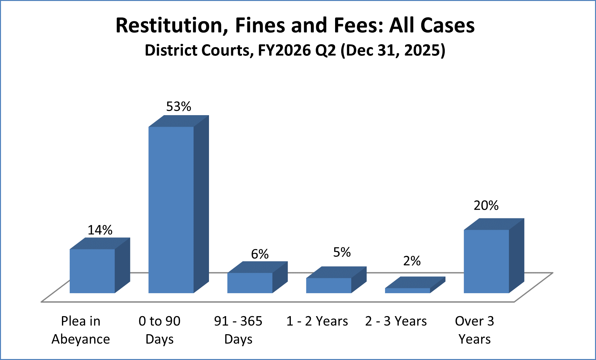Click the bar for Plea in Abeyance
(93, 271)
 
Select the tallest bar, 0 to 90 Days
(171, 210)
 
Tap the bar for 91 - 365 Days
(250, 283)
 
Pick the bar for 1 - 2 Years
(329, 285)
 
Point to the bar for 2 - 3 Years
(408, 290)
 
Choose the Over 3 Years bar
(486, 261)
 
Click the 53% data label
(179, 106)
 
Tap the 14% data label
(100, 230)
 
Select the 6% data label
(260, 254)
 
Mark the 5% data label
(342, 252)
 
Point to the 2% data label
(412, 261)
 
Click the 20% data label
(486, 205)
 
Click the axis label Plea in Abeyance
(81, 330)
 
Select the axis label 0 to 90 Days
(160, 330)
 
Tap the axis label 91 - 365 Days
(238, 330)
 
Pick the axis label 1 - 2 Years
(317, 321)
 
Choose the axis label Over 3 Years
(475, 330)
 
